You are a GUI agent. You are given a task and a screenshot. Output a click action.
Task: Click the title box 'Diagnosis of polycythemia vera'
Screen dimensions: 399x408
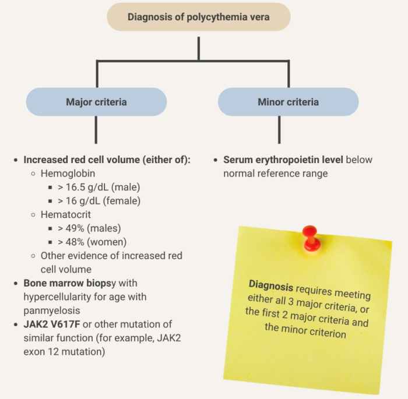pos(199,17)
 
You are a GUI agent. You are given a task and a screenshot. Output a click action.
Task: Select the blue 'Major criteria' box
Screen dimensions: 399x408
pos(96,102)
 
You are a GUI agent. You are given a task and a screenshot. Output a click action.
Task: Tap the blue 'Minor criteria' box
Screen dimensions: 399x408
pos(288,102)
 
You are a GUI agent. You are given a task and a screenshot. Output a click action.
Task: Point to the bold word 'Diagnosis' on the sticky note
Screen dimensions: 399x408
pos(270,285)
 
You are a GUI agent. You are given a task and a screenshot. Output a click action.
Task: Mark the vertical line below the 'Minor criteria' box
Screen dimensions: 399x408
pos(279,129)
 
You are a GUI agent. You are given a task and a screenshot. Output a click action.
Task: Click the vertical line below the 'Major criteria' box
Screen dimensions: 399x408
pos(97,129)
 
